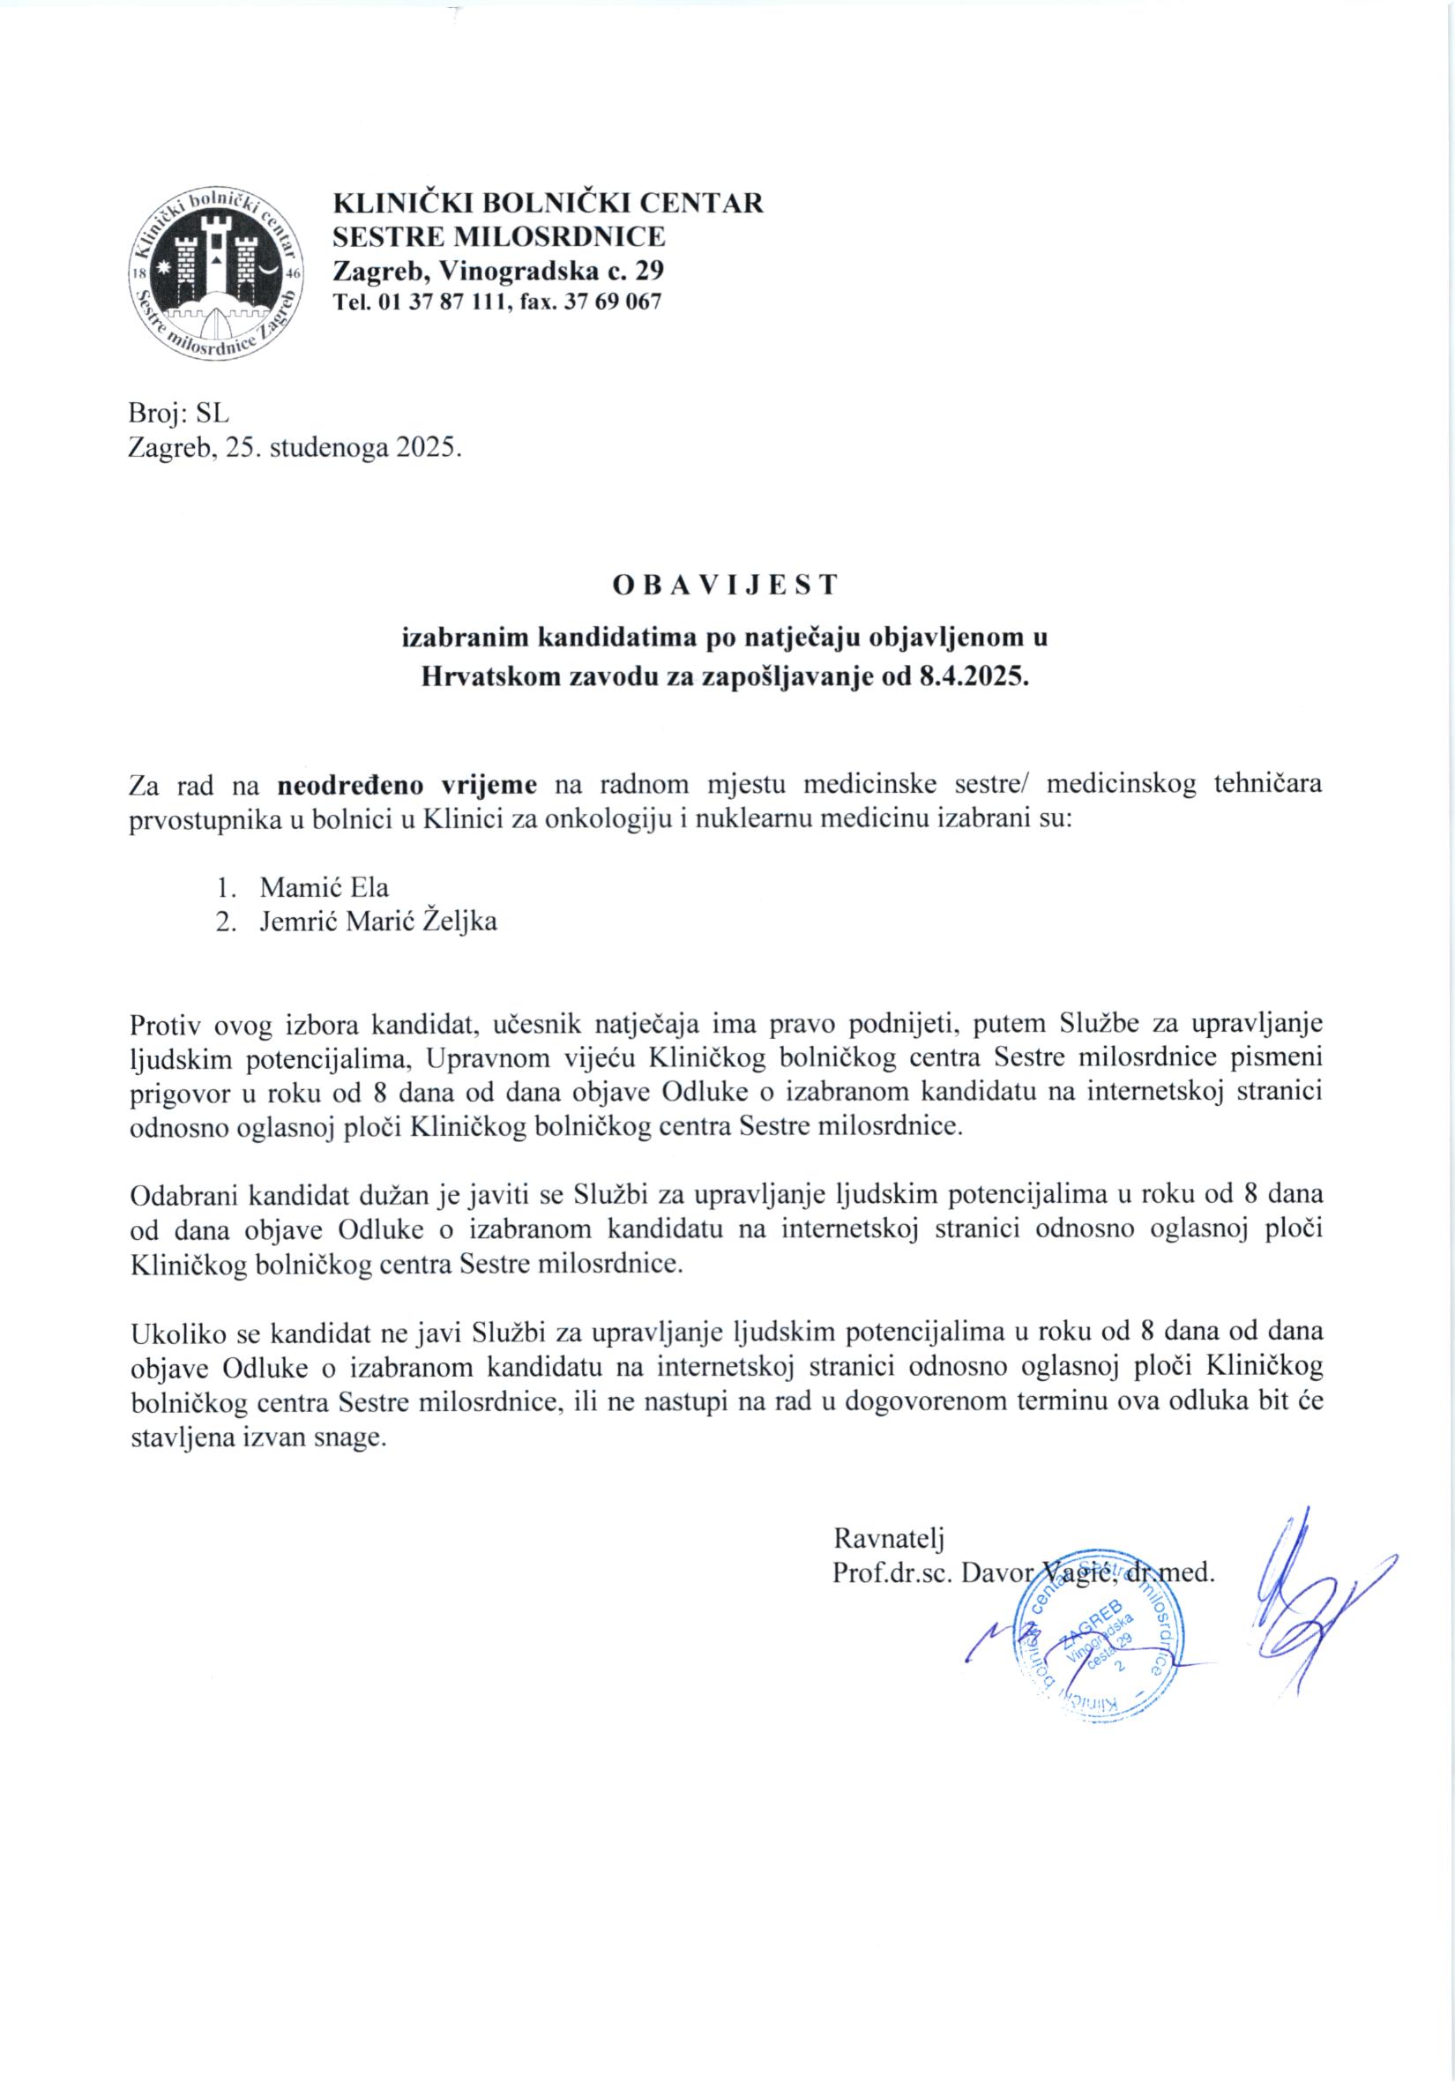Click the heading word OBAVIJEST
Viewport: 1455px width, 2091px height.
(725, 586)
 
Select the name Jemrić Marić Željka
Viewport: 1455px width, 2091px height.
(378, 922)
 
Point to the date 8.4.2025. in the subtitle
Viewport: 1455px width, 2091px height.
(971, 676)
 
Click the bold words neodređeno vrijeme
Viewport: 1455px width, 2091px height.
(407, 785)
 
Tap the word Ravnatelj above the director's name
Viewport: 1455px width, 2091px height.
(889, 1538)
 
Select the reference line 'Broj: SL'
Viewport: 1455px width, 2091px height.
(179, 414)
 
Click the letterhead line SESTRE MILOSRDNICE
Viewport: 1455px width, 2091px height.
(498, 235)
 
